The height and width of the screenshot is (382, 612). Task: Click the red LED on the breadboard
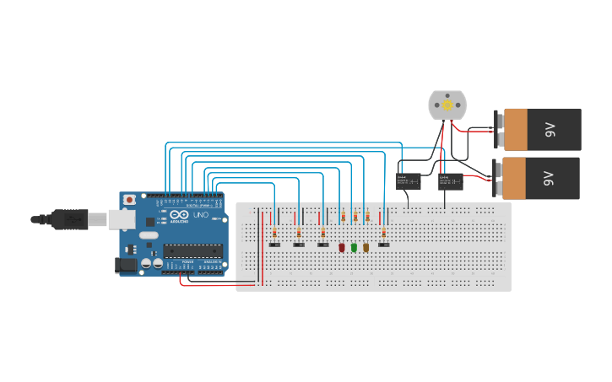click(342, 248)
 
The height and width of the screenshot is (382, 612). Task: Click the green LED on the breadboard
click(354, 248)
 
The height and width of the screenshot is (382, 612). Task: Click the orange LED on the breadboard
click(366, 248)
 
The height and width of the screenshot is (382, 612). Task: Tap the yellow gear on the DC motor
click(447, 105)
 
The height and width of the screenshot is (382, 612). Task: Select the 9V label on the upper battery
click(550, 129)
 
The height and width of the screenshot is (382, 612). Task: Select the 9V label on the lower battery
click(550, 178)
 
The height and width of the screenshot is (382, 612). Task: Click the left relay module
click(409, 181)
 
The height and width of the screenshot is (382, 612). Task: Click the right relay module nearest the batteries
click(450, 181)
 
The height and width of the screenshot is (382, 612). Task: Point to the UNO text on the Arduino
click(201, 215)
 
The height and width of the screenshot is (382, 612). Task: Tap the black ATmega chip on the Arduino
click(192, 250)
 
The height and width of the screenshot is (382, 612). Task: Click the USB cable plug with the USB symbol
click(71, 219)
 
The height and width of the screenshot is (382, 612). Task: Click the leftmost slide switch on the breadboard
click(274, 245)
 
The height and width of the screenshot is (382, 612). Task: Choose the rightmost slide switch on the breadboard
click(384, 245)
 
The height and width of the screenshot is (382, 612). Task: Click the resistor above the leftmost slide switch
click(274, 232)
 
